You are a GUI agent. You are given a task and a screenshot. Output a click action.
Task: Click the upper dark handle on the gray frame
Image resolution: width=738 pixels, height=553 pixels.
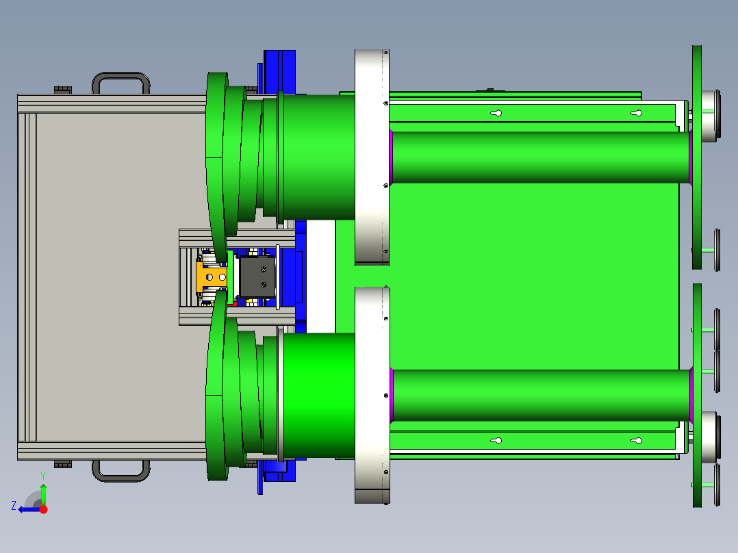click(x=121, y=75)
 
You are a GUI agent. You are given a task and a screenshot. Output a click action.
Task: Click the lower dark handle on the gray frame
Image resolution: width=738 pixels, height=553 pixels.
click(x=121, y=478)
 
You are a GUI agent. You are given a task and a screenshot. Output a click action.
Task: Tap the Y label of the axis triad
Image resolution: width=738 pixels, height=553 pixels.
click(x=43, y=476)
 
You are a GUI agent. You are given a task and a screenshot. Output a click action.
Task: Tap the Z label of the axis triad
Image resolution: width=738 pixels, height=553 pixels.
click(x=14, y=506)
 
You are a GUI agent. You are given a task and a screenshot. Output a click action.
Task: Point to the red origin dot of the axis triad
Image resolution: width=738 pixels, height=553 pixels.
click(x=43, y=509)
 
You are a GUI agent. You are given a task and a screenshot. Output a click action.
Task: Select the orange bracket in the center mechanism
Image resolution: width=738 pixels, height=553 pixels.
click(x=212, y=277)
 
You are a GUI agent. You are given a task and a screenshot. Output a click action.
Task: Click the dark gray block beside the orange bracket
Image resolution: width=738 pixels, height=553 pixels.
click(x=257, y=277)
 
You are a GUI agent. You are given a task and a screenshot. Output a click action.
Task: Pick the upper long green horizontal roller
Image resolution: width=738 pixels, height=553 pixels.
click(x=541, y=157)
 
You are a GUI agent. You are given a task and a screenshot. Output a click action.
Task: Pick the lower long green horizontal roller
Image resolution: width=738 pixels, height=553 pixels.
click(x=541, y=396)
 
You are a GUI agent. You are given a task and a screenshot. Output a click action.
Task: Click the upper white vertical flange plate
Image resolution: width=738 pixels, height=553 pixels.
click(x=372, y=157)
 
